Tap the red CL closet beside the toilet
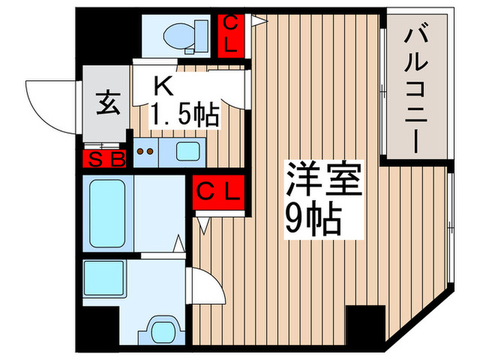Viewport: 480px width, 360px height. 231,36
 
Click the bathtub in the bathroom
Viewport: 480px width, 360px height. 107,213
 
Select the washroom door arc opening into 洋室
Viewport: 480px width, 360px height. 207,287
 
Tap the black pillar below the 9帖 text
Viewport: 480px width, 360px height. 364,322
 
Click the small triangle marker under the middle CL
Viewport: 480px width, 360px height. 204,224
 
